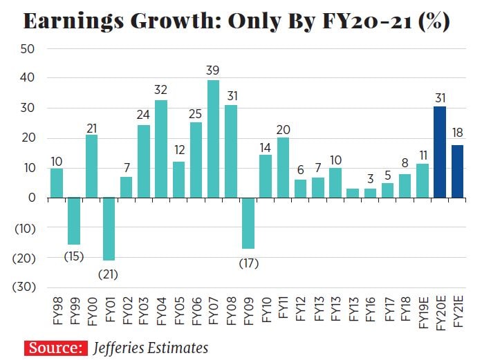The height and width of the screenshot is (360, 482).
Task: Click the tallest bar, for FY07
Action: (214, 139)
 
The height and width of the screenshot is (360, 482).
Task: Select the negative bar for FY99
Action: (74, 221)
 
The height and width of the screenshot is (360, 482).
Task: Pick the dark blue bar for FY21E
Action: (457, 171)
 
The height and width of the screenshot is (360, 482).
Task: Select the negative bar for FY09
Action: (248, 223)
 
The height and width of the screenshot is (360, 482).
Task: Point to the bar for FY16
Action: (370, 193)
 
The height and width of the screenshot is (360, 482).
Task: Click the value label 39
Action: (214, 70)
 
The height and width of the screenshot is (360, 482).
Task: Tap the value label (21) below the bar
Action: (109, 274)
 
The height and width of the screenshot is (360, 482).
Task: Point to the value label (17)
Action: (248, 263)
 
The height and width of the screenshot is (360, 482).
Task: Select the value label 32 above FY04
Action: (161, 89)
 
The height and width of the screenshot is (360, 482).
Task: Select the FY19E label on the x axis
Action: (423, 314)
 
